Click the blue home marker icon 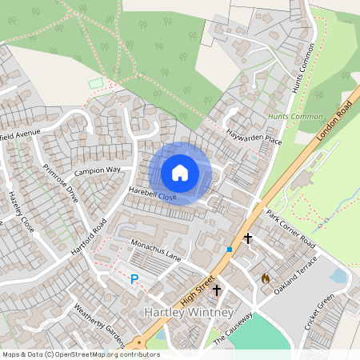click(180, 173)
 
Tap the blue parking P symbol click(134, 279)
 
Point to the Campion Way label click(97, 171)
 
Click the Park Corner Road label click(290, 230)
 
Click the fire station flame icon click(266, 278)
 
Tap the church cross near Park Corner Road click(248, 238)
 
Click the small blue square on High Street click(230, 250)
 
